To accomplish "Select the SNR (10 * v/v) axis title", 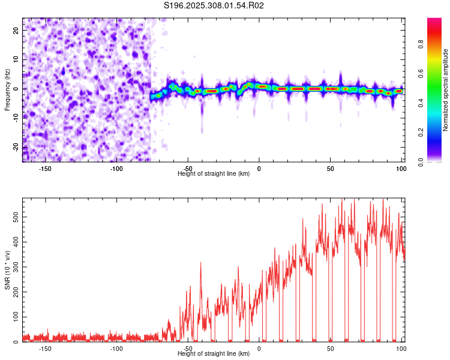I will coord(7,270).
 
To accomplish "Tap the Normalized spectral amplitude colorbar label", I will coord(446,90).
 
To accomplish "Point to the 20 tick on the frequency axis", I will coord(17,29).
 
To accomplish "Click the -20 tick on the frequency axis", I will coord(16,148).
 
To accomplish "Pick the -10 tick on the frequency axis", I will coord(16,118).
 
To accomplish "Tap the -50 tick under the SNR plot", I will coord(188,349).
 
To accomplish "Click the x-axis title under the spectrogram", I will coord(214,174).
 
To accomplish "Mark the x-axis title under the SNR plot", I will coord(214,354).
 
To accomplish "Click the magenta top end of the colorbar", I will coord(434,22).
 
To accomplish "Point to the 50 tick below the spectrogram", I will coord(330,169).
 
